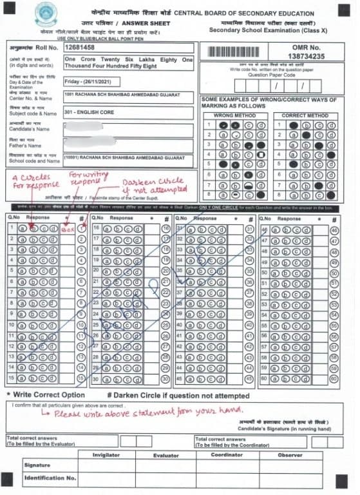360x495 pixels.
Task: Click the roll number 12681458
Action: point(84,47)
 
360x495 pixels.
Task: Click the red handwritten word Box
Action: point(66,229)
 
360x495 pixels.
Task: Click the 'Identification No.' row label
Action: point(50,479)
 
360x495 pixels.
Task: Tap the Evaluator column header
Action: point(166,455)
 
